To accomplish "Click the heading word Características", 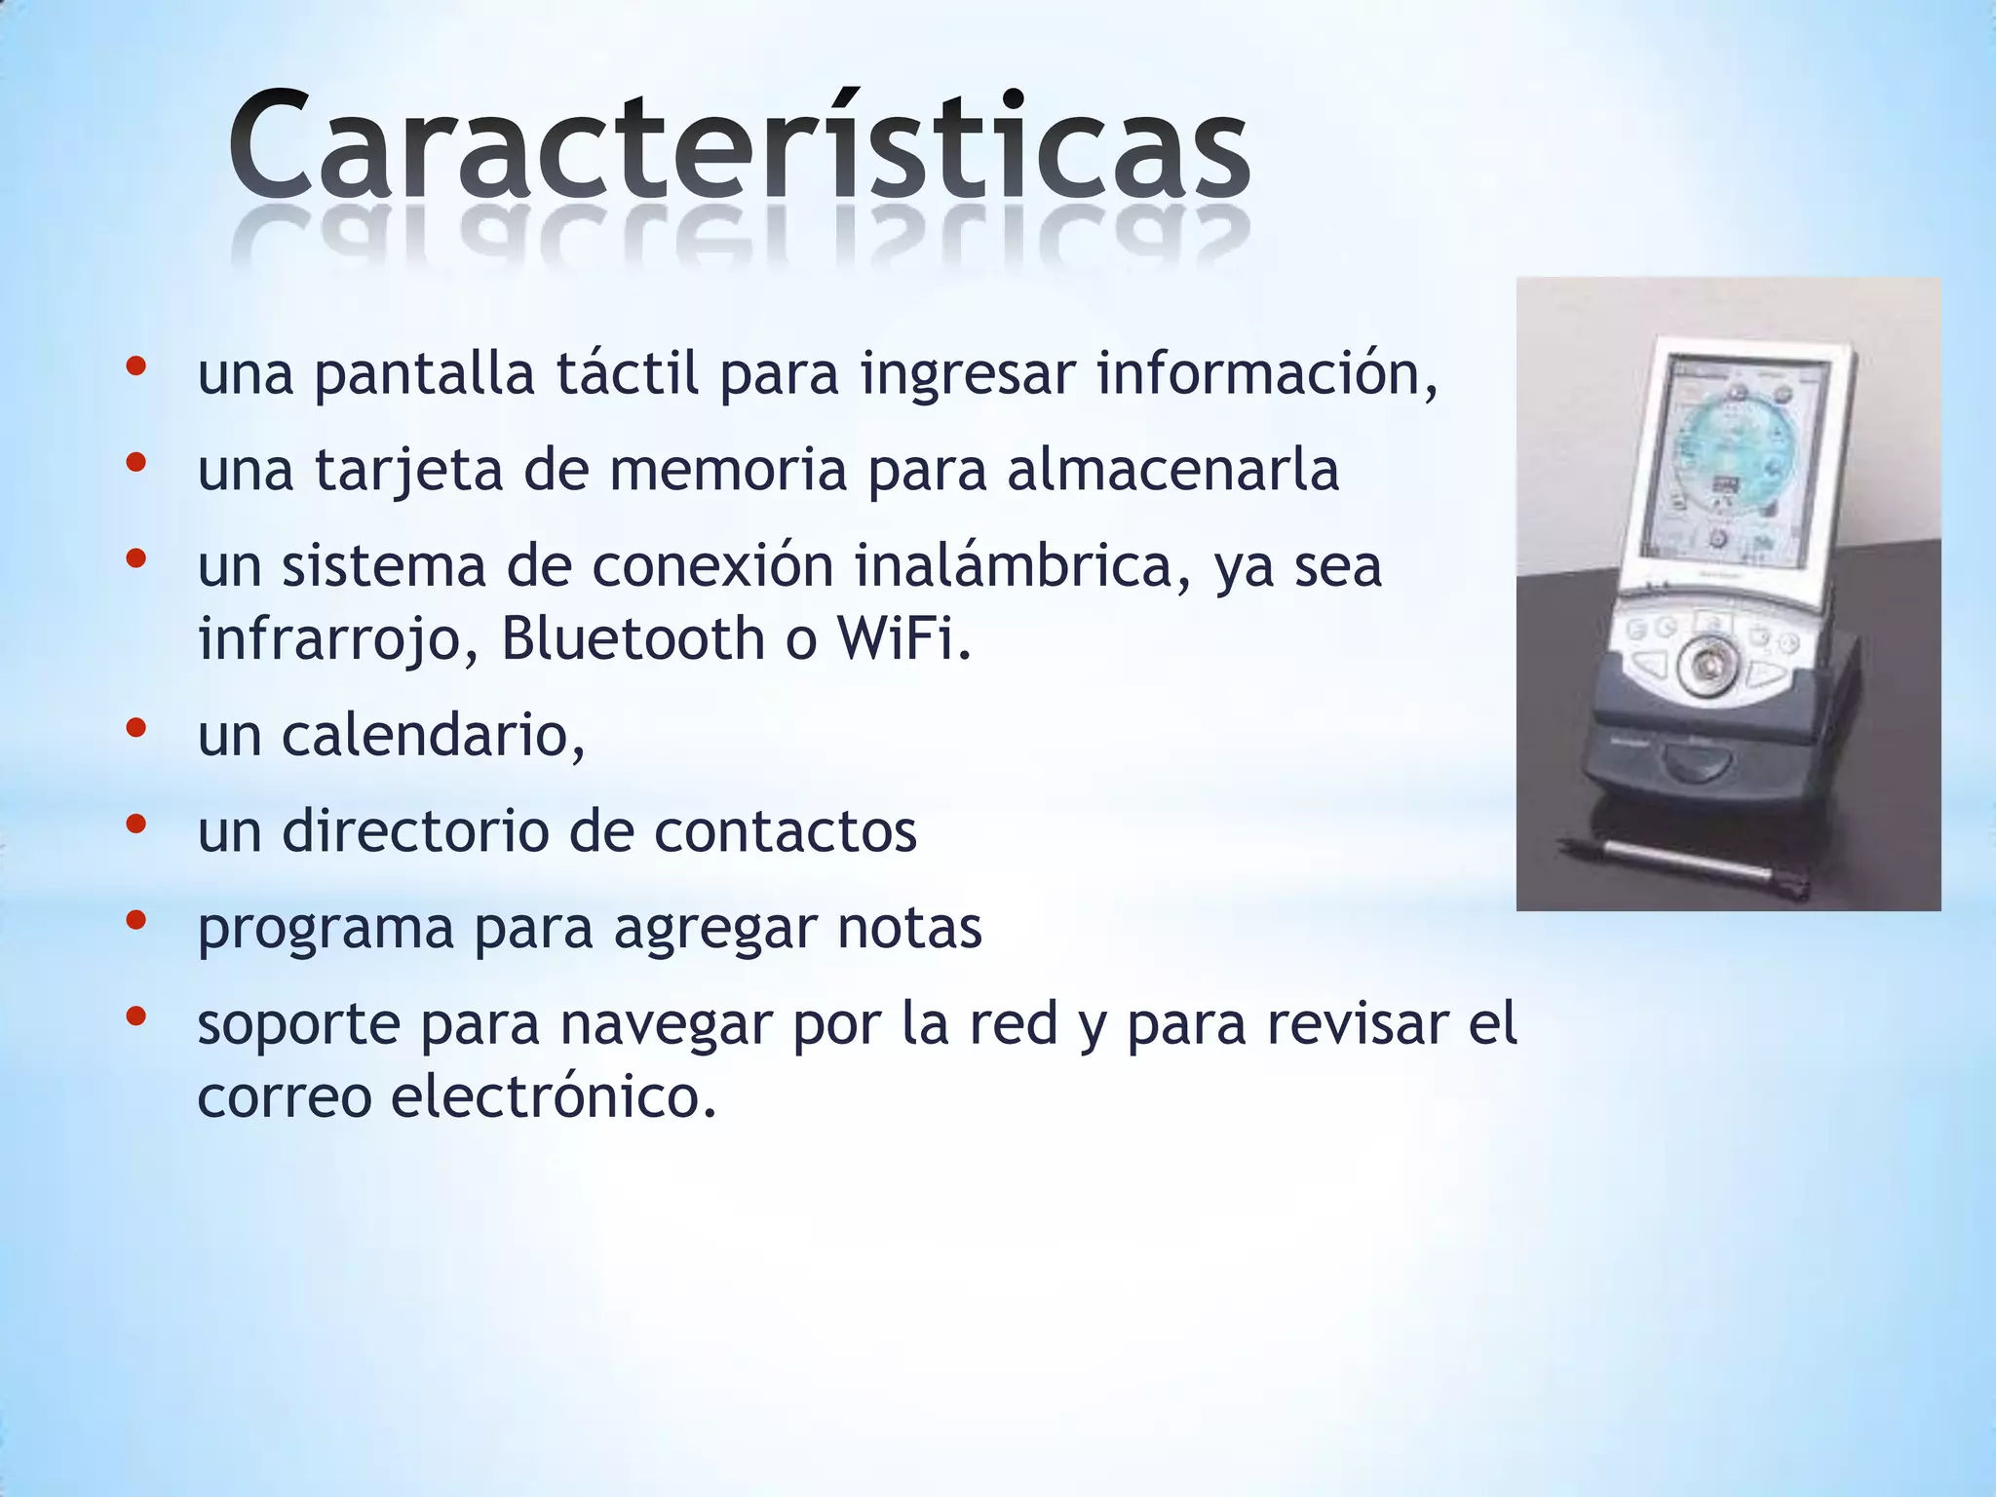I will pos(739,146).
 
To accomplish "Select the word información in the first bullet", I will pos(1265,373).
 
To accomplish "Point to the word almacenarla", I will pos(1172,470).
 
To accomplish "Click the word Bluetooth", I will pos(633,638).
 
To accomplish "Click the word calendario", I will pos(433,735).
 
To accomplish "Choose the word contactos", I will pos(786,831).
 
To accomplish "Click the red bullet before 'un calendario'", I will pos(135,727).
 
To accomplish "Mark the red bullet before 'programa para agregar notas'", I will pos(135,919).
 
